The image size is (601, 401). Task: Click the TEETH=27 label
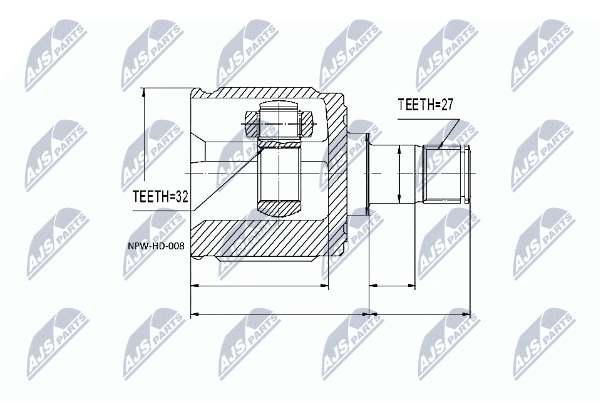425,105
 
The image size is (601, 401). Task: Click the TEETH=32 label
160,197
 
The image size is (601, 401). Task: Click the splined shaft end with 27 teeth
446,174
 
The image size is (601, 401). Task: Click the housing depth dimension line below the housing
259,286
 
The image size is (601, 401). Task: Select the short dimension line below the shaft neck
392,286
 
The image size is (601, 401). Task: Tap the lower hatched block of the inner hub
280,207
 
